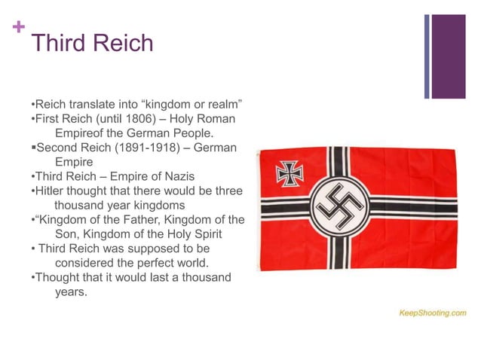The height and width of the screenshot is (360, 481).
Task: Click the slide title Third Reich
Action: [x=92, y=43]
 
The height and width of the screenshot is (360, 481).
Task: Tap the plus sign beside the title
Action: [x=17, y=29]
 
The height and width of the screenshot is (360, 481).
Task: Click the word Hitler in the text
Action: [x=49, y=191]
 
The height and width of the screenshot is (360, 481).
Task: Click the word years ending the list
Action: [x=71, y=291]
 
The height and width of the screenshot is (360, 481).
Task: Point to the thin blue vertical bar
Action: [x=427, y=56]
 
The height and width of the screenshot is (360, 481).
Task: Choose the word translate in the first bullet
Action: [x=94, y=105]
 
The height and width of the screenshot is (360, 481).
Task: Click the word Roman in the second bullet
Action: [x=219, y=119]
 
